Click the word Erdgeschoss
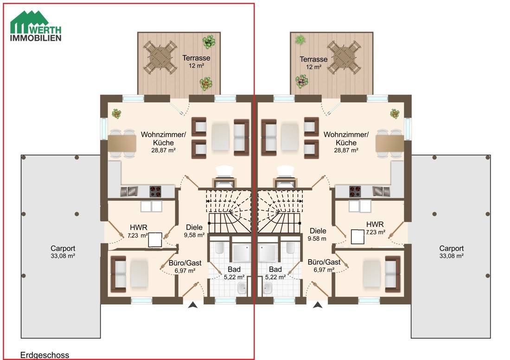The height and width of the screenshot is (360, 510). point(45,355)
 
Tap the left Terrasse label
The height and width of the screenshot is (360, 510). point(196,58)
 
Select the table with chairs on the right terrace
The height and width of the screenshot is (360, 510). point(344,57)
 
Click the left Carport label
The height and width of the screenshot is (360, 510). point(63,248)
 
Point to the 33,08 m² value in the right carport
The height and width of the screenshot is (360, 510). point(452,256)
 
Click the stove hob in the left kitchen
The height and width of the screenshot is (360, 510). point(155,191)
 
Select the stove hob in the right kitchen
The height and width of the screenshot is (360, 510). point(355,191)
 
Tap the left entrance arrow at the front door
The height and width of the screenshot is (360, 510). point(193,305)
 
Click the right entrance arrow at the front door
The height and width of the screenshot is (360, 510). point(318,305)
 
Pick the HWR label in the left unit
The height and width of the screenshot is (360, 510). point(139,227)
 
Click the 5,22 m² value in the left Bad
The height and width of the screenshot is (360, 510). point(234,277)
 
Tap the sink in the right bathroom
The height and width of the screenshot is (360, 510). point(268,288)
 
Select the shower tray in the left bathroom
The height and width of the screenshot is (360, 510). point(241,253)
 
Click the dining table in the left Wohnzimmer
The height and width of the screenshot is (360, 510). point(122,144)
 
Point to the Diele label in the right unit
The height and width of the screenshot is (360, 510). point(318,231)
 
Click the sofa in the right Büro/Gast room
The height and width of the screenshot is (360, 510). point(393,274)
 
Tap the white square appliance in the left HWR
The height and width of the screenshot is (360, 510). point(155,240)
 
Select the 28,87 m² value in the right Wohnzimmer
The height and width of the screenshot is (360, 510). point(346,151)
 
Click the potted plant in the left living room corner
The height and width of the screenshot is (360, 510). point(116,114)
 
